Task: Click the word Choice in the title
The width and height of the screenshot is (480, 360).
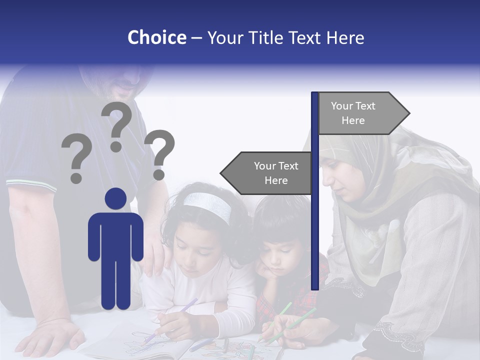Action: tap(156, 37)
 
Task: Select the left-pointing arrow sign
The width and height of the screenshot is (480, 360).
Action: tap(267, 173)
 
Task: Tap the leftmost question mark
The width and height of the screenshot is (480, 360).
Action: tap(76, 160)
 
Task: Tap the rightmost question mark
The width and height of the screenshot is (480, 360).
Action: tap(159, 154)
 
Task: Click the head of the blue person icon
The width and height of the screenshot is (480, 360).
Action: tap(115, 198)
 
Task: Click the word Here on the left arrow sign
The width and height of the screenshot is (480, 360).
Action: tap(276, 180)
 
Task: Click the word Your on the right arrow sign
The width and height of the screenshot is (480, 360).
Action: tap(341, 106)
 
